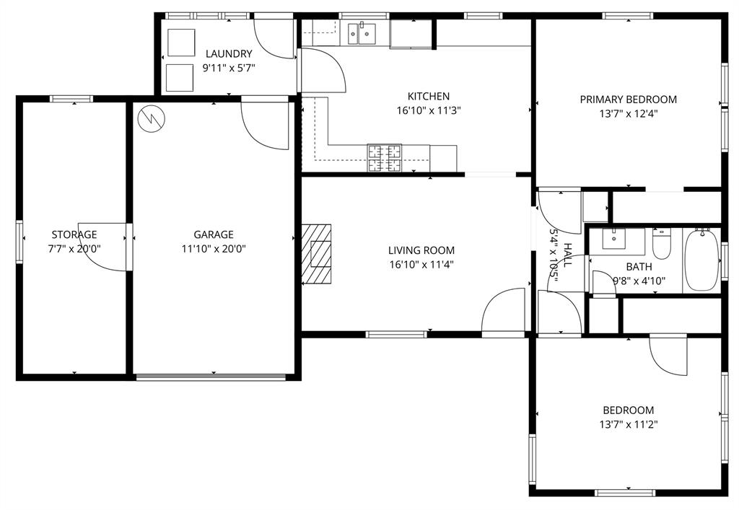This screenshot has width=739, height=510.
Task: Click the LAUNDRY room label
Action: [229, 53]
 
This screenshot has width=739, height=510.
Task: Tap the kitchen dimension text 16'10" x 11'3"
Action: [429, 110]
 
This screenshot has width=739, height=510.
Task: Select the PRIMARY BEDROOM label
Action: [628, 100]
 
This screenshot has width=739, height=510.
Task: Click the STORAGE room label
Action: [74, 234]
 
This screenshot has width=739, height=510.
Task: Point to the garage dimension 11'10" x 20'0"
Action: [213, 248]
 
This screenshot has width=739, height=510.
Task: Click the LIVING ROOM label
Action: [421, 250]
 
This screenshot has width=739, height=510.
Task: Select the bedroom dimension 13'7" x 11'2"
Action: [628, 424]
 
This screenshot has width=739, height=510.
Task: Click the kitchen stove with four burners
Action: [385, 159]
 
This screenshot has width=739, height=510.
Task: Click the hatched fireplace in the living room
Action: [318, 254]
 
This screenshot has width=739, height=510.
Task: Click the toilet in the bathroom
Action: [662, 245]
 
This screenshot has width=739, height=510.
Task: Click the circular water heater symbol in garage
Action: [151, 118]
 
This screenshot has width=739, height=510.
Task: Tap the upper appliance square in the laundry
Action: [180, 43]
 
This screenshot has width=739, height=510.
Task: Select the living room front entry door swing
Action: [504, 312]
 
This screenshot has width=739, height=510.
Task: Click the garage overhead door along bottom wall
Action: [211, 376]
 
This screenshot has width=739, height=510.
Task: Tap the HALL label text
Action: [568, 255]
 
